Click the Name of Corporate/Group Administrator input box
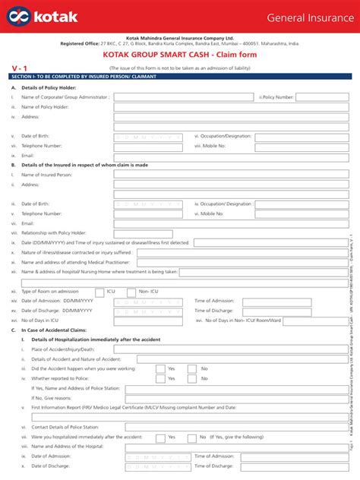point(183,97)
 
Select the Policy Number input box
point(317,97)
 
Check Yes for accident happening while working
point(160,368)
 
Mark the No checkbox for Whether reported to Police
point(194,378)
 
